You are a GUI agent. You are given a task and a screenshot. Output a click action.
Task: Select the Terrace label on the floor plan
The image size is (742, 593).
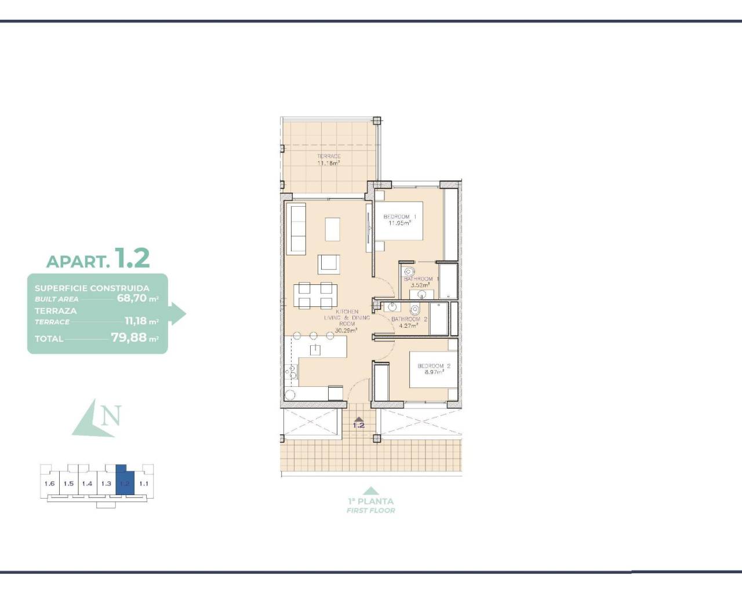(328, 156)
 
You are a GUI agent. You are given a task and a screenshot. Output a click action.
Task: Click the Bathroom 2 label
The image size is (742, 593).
(409, 319)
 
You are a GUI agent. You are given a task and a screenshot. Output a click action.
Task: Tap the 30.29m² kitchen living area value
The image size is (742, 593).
(347, 331)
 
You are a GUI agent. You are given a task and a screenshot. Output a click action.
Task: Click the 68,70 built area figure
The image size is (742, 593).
(132, 298)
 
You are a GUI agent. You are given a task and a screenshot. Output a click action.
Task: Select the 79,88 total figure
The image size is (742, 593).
(130, 337)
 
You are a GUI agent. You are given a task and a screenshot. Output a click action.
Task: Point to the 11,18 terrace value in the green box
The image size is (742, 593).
(136, 321)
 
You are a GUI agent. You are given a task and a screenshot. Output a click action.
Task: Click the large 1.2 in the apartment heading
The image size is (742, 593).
(132, 258)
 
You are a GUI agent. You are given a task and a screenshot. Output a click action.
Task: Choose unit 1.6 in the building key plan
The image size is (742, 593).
(49, 484)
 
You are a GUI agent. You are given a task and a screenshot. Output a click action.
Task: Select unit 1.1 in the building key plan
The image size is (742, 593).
(144, 484)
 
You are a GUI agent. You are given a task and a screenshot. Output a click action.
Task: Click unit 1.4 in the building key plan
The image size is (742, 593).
(87, 484)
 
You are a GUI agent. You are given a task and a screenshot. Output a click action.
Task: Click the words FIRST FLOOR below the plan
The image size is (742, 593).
(370, 510)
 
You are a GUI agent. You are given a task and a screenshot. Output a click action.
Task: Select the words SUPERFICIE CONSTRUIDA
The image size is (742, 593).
(92, 288)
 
